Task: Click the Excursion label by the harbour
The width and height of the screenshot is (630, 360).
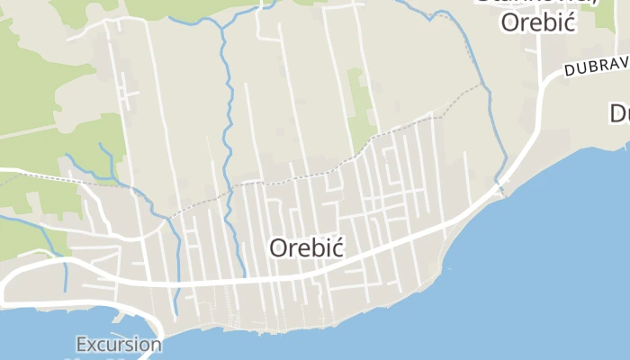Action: [119, 344]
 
